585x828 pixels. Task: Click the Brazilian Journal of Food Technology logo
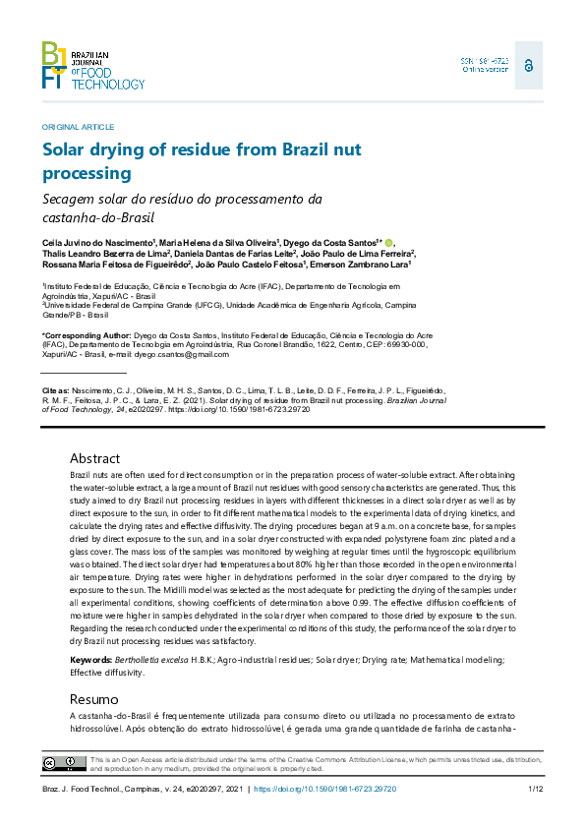point(92,66)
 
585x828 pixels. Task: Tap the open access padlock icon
point(528,65)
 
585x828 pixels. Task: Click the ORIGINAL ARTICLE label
point(78,127)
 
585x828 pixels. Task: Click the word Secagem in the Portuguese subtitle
point(72,199)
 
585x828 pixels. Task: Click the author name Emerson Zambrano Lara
point(361,265)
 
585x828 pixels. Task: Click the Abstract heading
point(94,458)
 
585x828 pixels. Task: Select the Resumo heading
point(93,698)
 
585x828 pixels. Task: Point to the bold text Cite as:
point(55,390)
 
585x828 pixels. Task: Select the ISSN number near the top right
point(485,61)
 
